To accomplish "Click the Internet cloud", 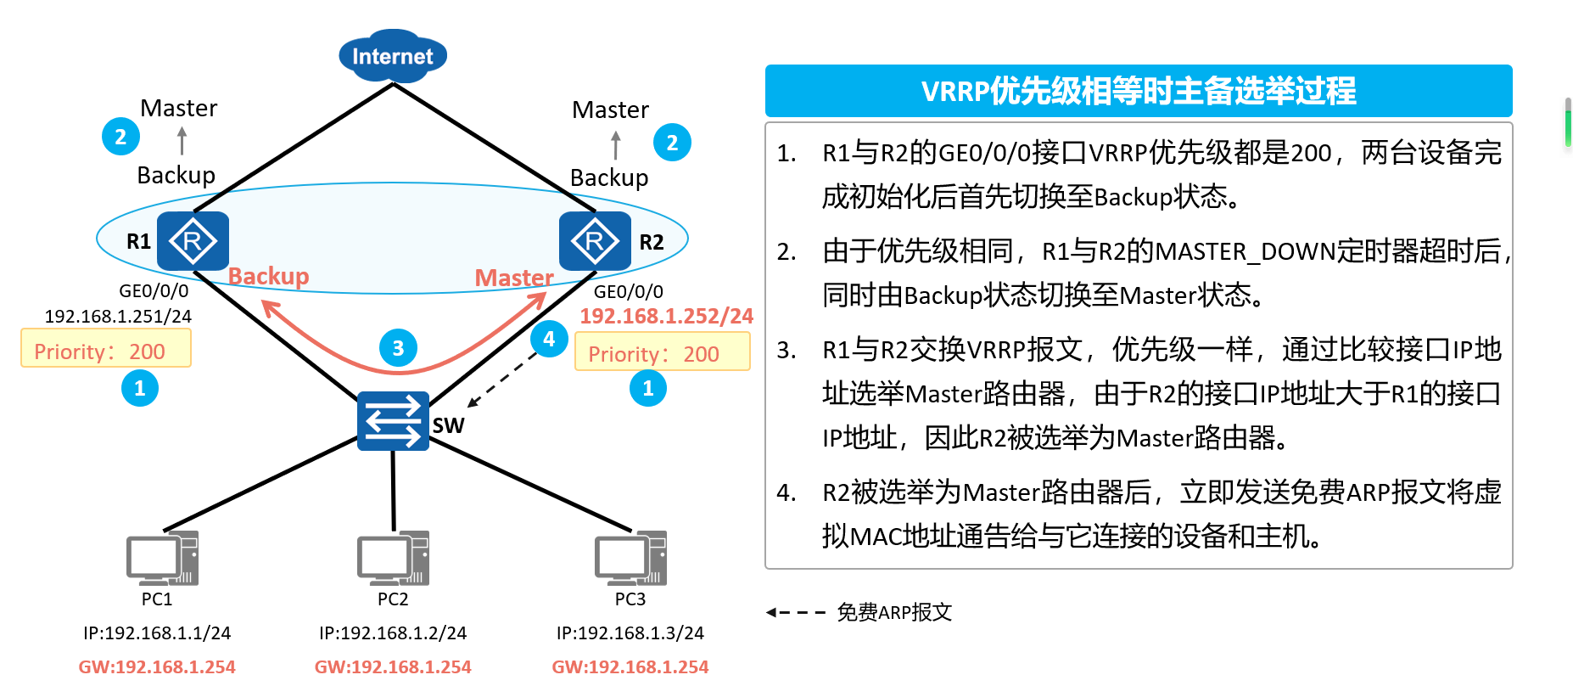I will click(x=393, y=56).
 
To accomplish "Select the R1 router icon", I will click(x=193, y=241).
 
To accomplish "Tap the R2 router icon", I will click(x=595, y=241).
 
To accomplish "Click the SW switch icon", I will click(x=393, y=420).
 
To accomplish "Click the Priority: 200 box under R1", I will click(x=106, y=349).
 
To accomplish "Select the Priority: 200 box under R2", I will click(x=662, y=352).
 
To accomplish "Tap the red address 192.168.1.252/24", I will click(x=666, y=316).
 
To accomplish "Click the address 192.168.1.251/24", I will click(x=118, y=316).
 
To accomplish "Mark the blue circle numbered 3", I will click(x=398, y=348).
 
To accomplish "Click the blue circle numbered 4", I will click(x=549, y=340).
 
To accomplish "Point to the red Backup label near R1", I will click(x=268, y=276).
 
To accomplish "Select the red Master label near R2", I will click(x=513, y=278).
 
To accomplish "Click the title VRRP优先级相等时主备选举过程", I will click(x=1138, y=91).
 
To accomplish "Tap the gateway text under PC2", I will click(x=393, y=666).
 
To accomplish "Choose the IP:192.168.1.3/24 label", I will click(x=630, y=633).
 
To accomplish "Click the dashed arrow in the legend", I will click(x=795, y=612).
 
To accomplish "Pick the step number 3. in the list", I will click(x=786, y=350).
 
